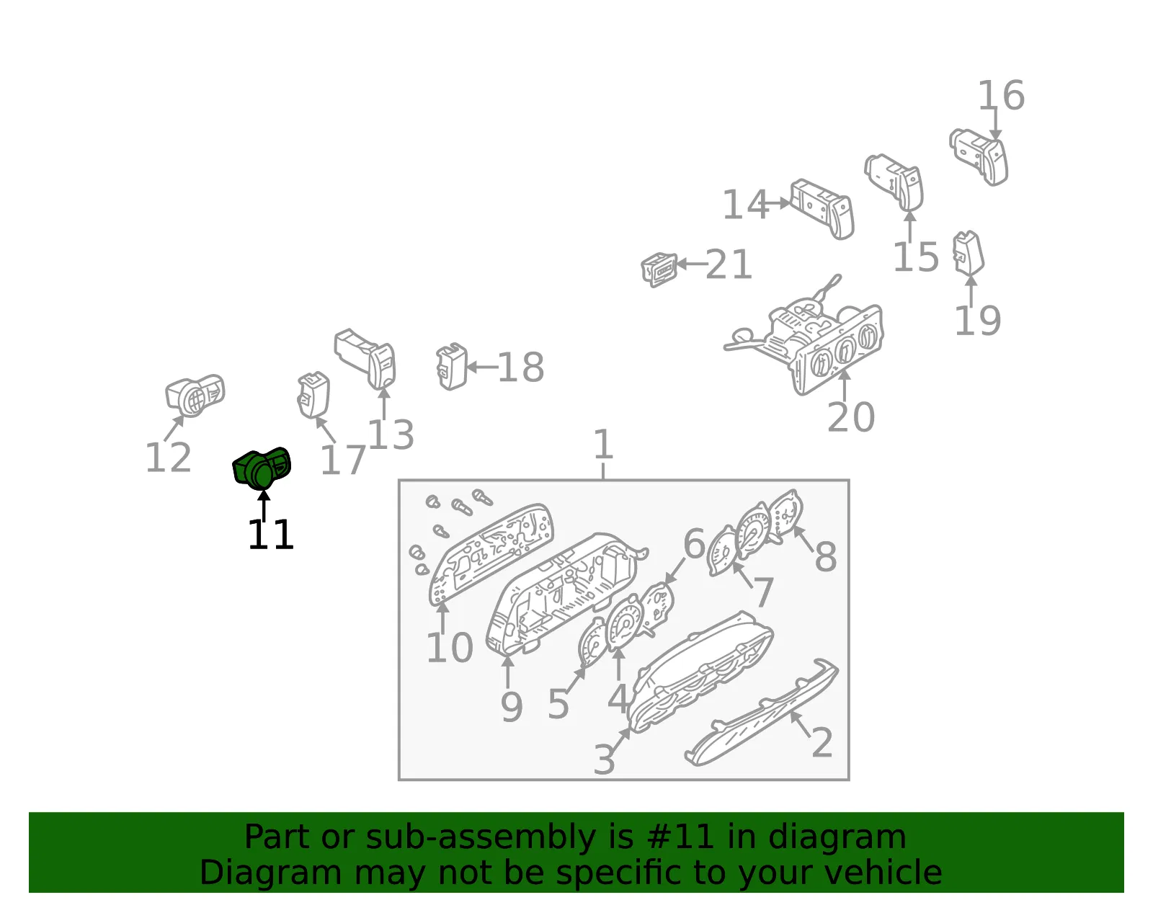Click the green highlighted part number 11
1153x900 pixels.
(x=262, y=469)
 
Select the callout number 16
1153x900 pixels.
(x=1001, y=96)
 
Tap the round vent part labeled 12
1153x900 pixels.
(x=195, y=396)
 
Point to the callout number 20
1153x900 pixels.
(x=850, y=417)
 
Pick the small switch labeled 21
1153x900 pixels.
(x=659, y=269)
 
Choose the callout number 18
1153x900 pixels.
(x=520, y=367)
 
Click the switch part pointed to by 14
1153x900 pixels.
(x=822, y=209)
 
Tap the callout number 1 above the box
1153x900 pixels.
(x=603, y=445)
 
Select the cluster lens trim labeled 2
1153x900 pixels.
(x=762, y=712)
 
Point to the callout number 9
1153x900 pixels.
(x=512, y=707)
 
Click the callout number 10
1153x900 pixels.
(x=450, y=648)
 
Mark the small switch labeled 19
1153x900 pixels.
(x=969, y=254)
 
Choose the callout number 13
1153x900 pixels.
(x=391, y=435)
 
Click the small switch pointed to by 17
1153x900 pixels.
(x=313, y=395)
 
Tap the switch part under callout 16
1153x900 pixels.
(x=979, y=156)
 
